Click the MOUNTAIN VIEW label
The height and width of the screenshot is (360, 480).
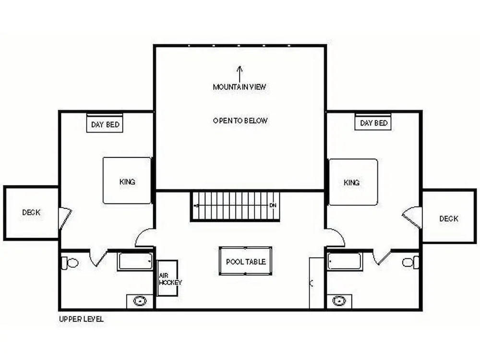point(240,87)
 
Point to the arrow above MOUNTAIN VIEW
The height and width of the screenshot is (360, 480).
point(240,74)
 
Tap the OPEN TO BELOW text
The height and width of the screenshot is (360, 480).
point(240,120)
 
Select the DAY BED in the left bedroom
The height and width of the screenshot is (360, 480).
point(105,123)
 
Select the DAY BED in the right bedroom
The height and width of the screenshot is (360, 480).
point(373,122)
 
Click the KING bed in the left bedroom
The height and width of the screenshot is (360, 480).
point(127,180)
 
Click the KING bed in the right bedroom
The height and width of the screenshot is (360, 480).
point(353,182)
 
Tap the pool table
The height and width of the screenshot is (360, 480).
point(245,261)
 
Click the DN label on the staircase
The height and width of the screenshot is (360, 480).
point(273,205)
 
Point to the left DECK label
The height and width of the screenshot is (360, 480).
point(31,213)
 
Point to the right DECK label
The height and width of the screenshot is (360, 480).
point(449,218)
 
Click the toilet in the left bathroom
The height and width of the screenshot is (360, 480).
point(70,263)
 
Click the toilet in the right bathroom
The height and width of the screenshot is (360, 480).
point(410,263)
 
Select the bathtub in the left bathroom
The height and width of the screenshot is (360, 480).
point(135,262)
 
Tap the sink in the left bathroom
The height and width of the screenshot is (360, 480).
point(140,301)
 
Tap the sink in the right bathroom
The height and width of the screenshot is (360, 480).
point(339,300)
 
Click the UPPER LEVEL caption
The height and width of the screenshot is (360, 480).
point(81,319)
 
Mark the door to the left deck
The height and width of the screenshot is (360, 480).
point(65,218)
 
